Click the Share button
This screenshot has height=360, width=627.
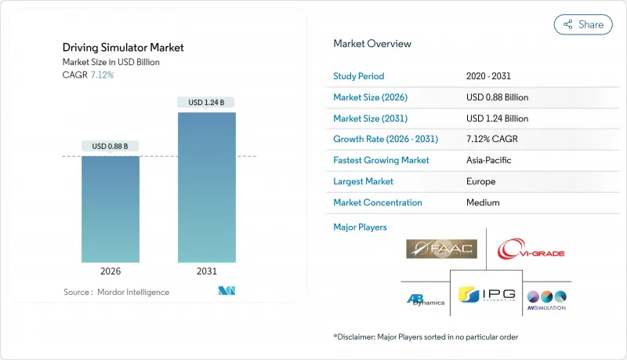tap(583, 24)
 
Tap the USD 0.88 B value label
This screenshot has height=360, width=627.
tap(111, 146)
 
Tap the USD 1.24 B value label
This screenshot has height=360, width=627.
tap(206, 102)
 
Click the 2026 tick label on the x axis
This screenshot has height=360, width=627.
tap(111, 271)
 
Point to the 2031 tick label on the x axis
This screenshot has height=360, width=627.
tap(206, 271)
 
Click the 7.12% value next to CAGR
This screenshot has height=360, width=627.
tap(102, 75)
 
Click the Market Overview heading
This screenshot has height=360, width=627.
tap(371, 44)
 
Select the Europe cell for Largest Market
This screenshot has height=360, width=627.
tap(480, 181)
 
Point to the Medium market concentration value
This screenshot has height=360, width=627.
tap(483, 202)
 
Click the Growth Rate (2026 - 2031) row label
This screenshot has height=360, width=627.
tap(386, 139)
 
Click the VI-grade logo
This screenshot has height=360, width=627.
tap(531, 250)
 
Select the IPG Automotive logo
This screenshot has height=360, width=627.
tap(486, 296)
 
